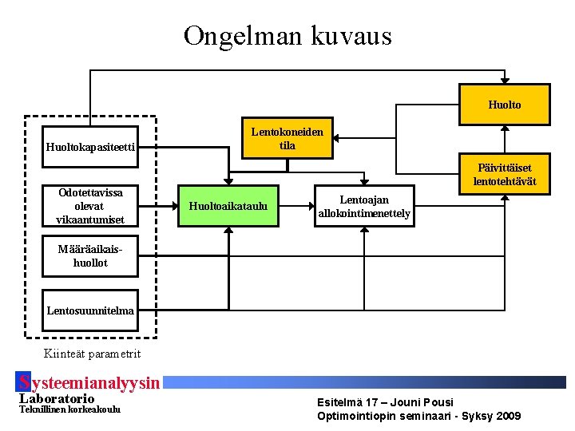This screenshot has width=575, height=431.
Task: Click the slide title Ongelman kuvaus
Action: (287, 36)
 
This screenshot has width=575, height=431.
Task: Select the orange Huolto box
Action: (504, 105)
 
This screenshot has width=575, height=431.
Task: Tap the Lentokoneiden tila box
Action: (287, 139)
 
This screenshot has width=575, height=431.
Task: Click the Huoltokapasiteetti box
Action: (89, 146)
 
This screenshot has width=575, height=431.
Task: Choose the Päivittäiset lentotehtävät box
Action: (504, 174)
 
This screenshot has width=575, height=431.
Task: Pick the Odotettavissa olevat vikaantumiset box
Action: (89, 206)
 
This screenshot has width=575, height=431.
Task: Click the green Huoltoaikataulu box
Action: (228, 207)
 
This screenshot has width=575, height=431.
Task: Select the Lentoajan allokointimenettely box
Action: (364, 207)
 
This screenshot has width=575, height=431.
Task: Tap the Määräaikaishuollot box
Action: (89, 255)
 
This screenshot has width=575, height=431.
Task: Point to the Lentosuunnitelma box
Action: (89, 310)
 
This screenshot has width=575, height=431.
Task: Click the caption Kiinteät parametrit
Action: (93, 354)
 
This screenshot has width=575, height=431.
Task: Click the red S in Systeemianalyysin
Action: (24, 383)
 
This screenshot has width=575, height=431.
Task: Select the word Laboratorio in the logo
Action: (56, 398)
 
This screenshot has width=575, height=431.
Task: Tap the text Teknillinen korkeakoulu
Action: (69, 409)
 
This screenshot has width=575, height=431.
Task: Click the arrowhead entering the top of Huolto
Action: (504, 80)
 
